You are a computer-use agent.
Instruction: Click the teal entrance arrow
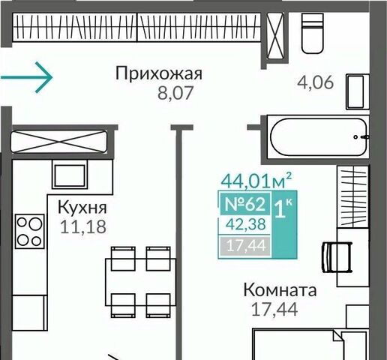click(27, 77)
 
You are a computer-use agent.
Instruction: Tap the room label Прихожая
click(159, 74)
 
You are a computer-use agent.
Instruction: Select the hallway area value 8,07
click(175, 92)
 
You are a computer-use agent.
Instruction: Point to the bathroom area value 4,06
click(316, 82)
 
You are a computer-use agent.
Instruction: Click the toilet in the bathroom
click(312, 33)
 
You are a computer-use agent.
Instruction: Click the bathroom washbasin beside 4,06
click(358, 91)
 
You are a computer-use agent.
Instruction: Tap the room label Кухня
click(82, 208)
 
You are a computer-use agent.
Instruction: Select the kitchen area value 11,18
click(83, 226)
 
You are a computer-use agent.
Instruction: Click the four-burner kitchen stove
click(30, 231)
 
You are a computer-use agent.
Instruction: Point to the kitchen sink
click(70, 175)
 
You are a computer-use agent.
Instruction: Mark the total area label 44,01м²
click(256, 181)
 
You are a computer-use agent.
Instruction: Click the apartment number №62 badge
click(245, 204)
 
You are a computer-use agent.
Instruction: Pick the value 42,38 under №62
click(245, 224)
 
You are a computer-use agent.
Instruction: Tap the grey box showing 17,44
click(245, 246)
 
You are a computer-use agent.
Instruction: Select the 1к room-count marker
click(283, 208)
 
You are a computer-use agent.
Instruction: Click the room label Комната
click(280, 290)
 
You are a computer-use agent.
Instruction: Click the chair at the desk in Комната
click(337, 257)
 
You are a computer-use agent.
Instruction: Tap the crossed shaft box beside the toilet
click(275, 36)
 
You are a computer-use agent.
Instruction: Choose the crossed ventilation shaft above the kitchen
click(59, 142)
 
